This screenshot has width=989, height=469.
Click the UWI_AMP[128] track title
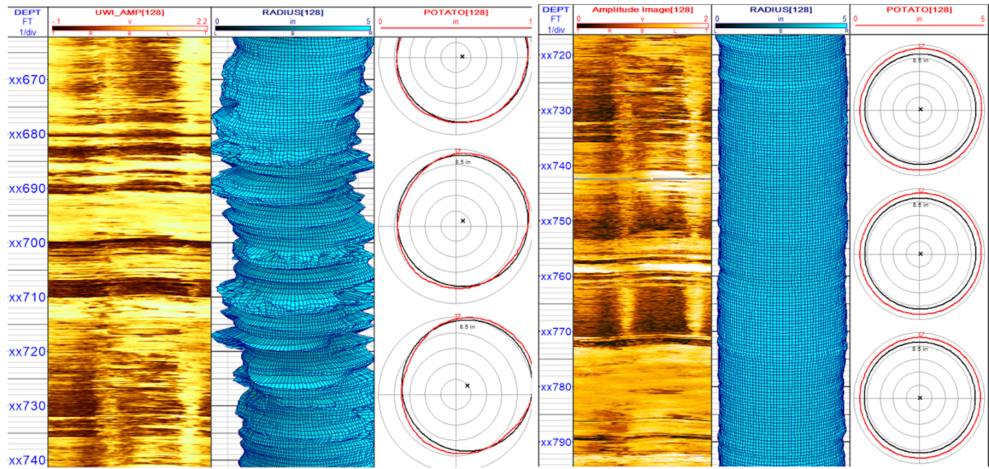(x=129, y=12)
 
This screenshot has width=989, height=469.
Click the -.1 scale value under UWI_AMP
(x=57, y=21)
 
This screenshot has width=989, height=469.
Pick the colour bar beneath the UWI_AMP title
(x=129, y=28)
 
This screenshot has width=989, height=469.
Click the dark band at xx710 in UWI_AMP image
(x=129, y=288)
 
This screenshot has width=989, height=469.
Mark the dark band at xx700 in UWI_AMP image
(x=129, y=243)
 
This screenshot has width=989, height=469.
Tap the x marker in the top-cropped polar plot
(x=462, y=56)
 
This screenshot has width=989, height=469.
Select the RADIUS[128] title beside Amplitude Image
(x=780, y=10)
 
